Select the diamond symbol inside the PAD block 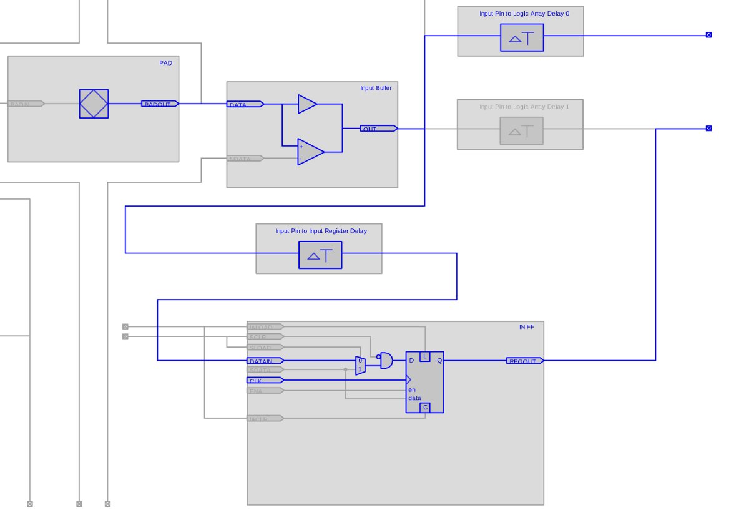94,104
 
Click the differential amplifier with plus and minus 310,152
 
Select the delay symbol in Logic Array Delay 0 521,39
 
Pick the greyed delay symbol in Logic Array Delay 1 521,131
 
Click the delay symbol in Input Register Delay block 320,255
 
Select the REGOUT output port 524,361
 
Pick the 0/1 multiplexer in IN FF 360,365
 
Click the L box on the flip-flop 425,356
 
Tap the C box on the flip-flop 425,408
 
